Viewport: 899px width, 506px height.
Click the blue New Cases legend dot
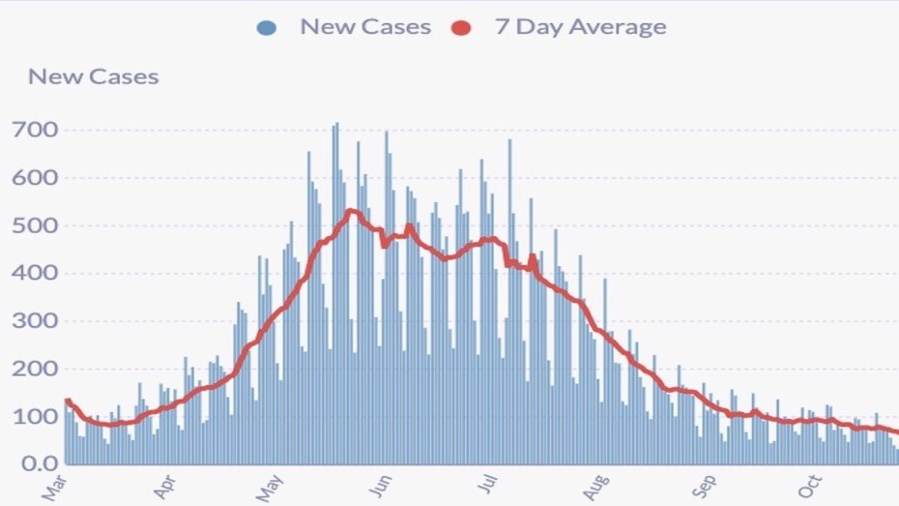[268, 28]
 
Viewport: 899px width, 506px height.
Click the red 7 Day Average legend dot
[462, 28]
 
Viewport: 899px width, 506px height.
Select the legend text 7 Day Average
[580, 27]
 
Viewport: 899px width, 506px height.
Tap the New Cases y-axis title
[93, 76]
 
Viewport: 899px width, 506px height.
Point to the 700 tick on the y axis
[34, 130]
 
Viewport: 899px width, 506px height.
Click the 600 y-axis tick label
[34, 178]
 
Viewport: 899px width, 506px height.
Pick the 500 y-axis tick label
[34, 225]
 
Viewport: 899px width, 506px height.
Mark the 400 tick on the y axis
[34, 273]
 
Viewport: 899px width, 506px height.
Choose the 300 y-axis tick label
[34, 321]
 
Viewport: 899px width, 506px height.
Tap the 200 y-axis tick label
[34, 369]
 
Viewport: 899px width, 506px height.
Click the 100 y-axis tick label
[34, 416]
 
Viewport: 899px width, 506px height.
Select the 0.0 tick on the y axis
[38, 464]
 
